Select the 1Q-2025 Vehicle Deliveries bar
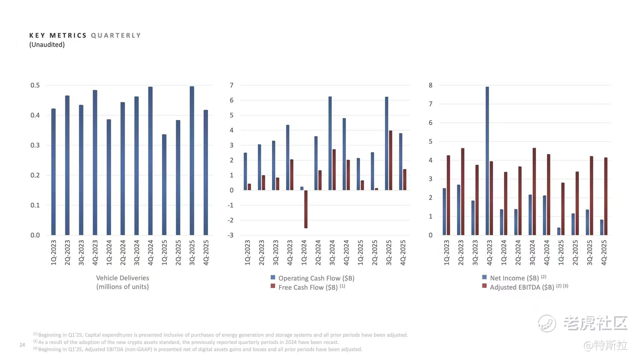click(164, 185)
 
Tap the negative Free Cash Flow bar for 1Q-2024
click(306, 209)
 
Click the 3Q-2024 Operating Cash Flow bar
click(330, 143)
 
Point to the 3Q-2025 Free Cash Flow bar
click(391, 160)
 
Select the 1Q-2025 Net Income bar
click(559, 231)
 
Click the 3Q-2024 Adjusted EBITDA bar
click(534, 191)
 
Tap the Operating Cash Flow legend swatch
click(273, 277)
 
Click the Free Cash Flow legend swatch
click(273, 286)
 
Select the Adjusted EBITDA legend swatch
click(484, 286)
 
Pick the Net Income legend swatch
click(484, 277)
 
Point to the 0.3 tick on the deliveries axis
click(35, 145)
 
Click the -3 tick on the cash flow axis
click(231, 235)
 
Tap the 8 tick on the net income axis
click(431, 85)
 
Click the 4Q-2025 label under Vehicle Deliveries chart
click(206, 253)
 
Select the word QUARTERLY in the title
click(116, 36)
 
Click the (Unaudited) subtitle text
click(47, 45)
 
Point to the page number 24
click(22, 345)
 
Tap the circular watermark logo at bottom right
click(547, 323)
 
